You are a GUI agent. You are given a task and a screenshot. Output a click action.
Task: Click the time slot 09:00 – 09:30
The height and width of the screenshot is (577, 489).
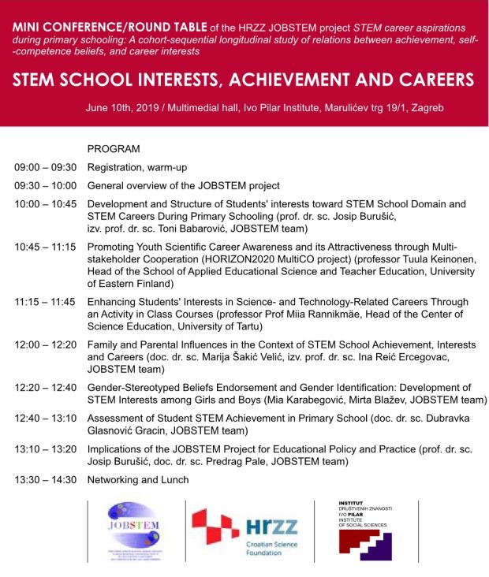point(45,167)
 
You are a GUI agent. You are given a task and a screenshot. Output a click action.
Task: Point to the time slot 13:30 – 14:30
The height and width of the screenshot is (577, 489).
point(45,479)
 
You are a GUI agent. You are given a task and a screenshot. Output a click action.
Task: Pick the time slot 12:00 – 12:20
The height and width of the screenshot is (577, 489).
point(45,345)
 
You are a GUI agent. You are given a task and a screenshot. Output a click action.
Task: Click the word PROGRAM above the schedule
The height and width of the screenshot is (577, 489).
point(114,148)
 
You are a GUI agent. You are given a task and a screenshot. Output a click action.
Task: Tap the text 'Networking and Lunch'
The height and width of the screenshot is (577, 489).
point(138,479)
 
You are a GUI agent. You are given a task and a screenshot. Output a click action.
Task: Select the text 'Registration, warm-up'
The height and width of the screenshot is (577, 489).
point(137,167)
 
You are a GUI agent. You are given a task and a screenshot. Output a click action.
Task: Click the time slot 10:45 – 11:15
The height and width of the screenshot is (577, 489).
point(45,247)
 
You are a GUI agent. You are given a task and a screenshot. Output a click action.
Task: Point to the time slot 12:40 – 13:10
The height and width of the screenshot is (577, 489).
point(45,419)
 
